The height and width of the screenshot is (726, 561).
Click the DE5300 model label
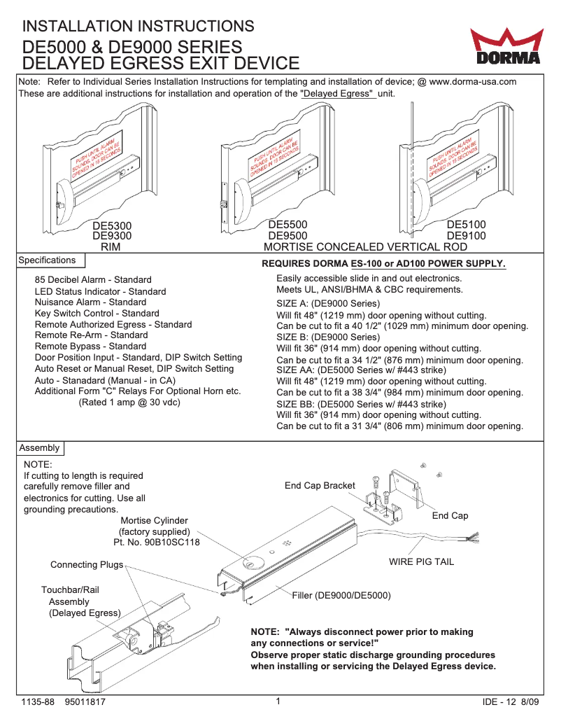112,226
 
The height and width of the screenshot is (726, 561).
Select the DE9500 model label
287,236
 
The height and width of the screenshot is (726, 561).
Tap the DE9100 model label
466,236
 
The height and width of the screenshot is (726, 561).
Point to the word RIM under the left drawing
112,247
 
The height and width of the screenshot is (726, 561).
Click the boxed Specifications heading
47,260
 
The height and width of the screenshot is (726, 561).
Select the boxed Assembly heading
39,448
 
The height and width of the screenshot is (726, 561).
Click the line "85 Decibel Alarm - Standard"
102,280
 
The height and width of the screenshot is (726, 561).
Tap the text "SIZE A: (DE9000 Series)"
328,304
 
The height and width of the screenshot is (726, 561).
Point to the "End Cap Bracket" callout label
320,486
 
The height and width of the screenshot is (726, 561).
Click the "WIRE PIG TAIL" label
421,561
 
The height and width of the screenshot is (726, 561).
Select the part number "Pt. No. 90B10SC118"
156,543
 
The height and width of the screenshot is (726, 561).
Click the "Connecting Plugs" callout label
86,565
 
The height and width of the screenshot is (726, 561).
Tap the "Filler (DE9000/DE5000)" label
341,596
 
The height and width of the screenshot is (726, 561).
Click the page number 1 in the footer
278,701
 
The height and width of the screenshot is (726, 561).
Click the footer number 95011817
85,703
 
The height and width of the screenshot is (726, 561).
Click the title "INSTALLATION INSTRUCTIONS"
139,27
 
